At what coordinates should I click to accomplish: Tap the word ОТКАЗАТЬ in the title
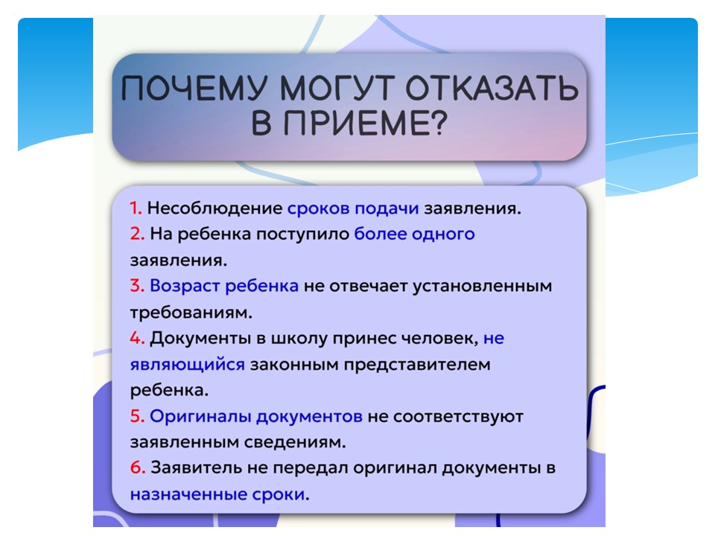(x=492, y=88)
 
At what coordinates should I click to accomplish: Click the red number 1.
(x=136, y=208)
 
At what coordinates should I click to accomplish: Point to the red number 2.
(x=137, y=234)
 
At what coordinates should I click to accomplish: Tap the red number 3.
(x=137, y=286)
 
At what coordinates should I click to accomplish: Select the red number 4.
(x=137, y=338)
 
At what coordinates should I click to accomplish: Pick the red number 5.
(x=137, y=416)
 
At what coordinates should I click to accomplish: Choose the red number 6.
(x=138, y=468)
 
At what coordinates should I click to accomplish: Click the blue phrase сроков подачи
(x=353, y=208)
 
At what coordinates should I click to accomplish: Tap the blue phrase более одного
(x=415, y=234)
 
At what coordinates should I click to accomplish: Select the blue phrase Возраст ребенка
(x=224, y=286)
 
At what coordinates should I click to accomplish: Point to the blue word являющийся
(x=188, y=365)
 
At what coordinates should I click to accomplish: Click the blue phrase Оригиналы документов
(x=256, y=417)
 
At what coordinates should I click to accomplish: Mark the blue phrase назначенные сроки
(x=217, y=494)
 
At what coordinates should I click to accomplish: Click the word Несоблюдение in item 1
(x=214, y=208)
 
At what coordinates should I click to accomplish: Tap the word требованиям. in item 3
(x=191, y=313)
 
